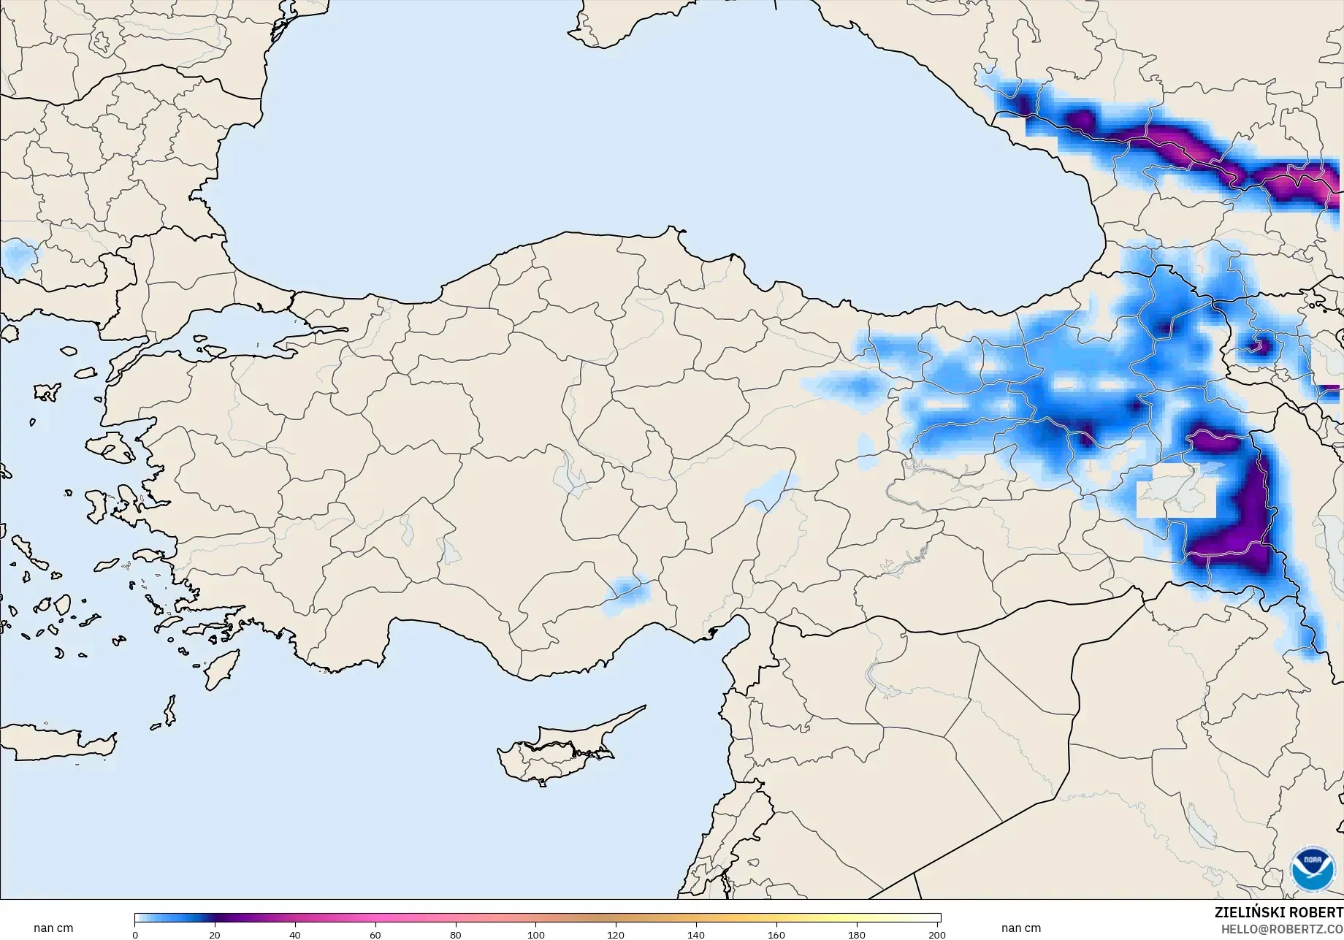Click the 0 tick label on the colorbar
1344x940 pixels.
[135, 935]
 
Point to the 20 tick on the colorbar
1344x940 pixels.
[215, 935]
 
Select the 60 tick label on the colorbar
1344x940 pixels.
[375, 935]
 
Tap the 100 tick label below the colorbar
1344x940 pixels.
[536, 935]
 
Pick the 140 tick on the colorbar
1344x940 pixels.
[696, 935]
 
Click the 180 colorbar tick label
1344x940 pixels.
[857, 935]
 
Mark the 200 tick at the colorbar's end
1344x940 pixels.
[937, 935]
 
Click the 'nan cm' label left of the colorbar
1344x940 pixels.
[53, 928]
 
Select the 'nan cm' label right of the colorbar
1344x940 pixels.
[1020, 928]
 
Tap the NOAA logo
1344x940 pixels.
[1313, 868]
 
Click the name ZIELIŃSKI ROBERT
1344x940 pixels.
[1278, 913]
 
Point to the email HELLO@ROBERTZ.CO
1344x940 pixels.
[1283, 929]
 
